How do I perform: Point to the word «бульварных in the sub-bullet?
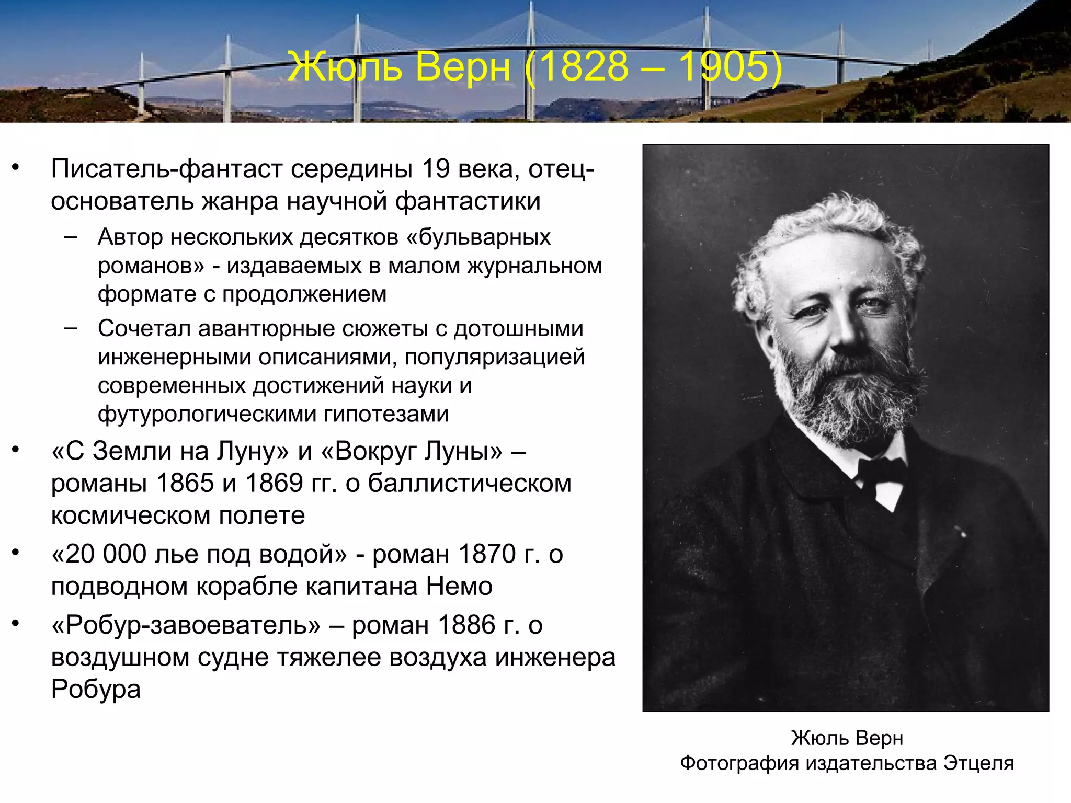[x=478, y=237]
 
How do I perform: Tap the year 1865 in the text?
[x=185, y=483]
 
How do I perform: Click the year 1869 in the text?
[x=274, y=483]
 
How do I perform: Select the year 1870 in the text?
[x=487, y=554]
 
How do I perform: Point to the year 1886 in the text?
[x=466, y=625]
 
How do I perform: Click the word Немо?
[x=459, y=586]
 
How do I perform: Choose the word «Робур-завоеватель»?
[x=186, y=625]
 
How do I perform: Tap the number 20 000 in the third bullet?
[x=99, y=554]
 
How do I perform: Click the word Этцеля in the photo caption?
[x=978, y=763]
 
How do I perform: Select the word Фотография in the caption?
[x=739, y=763]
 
